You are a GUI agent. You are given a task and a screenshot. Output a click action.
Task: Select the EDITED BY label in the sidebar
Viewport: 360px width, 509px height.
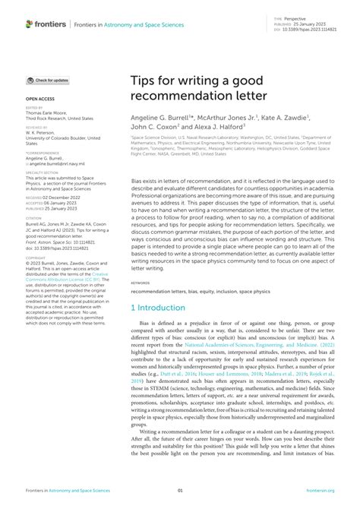coord(33,109)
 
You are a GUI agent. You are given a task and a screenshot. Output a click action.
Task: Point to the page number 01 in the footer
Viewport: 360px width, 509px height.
coord(180,492)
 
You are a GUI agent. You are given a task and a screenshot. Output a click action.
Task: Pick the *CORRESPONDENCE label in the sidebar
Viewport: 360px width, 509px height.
coord(40,151)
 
